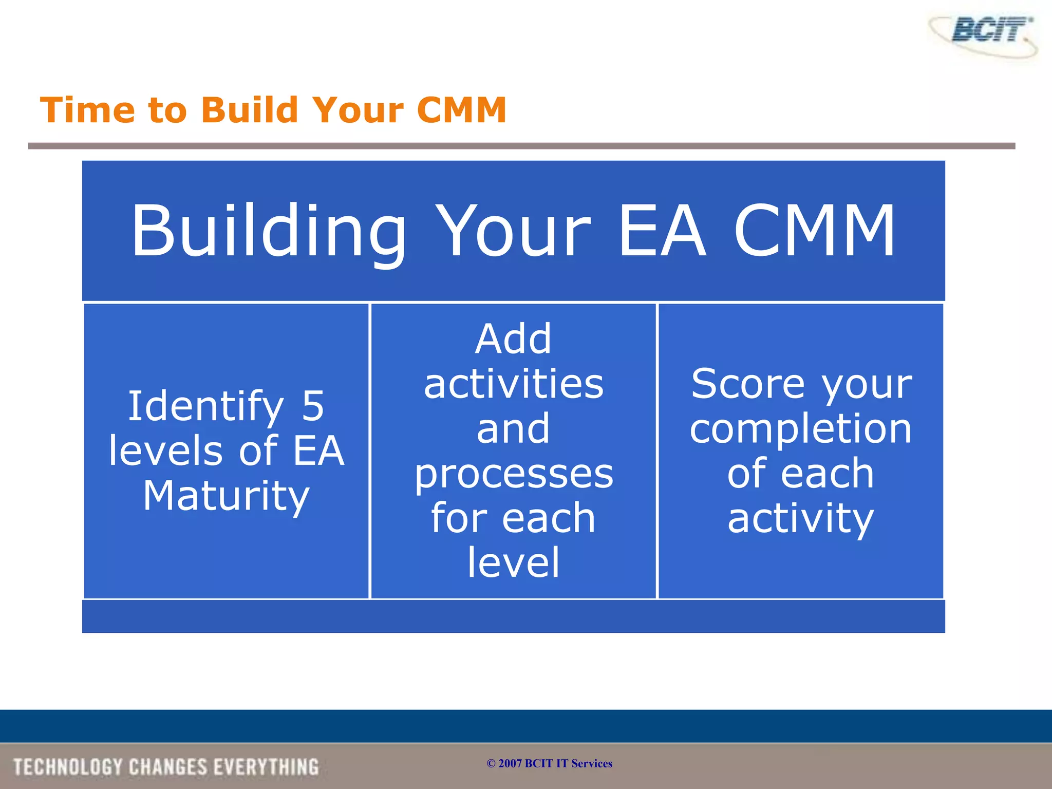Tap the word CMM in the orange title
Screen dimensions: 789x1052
pyautogui.click(x=461, y=110)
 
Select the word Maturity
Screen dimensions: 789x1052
pyautogui.click(x=226, y=496)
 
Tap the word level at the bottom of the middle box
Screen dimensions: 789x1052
pyautogui.click(x=513, y=563)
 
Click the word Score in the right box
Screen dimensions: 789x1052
pyautogui.click(x=747, y=384)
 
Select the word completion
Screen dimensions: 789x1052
pyautogui.click(x=800, y=429)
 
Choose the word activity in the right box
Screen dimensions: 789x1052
pyautogui.click(x=800, y=519)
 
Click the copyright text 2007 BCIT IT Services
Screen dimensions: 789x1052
pyautogui.click(x=550, y=763)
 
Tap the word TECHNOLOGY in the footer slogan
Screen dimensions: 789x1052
pyautogui.click(x=68, y=767)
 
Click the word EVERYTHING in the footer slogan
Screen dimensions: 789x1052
pyautogui.click(x=266, y=767)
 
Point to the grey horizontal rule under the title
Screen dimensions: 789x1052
pyautogui.click(x=521, y=146)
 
